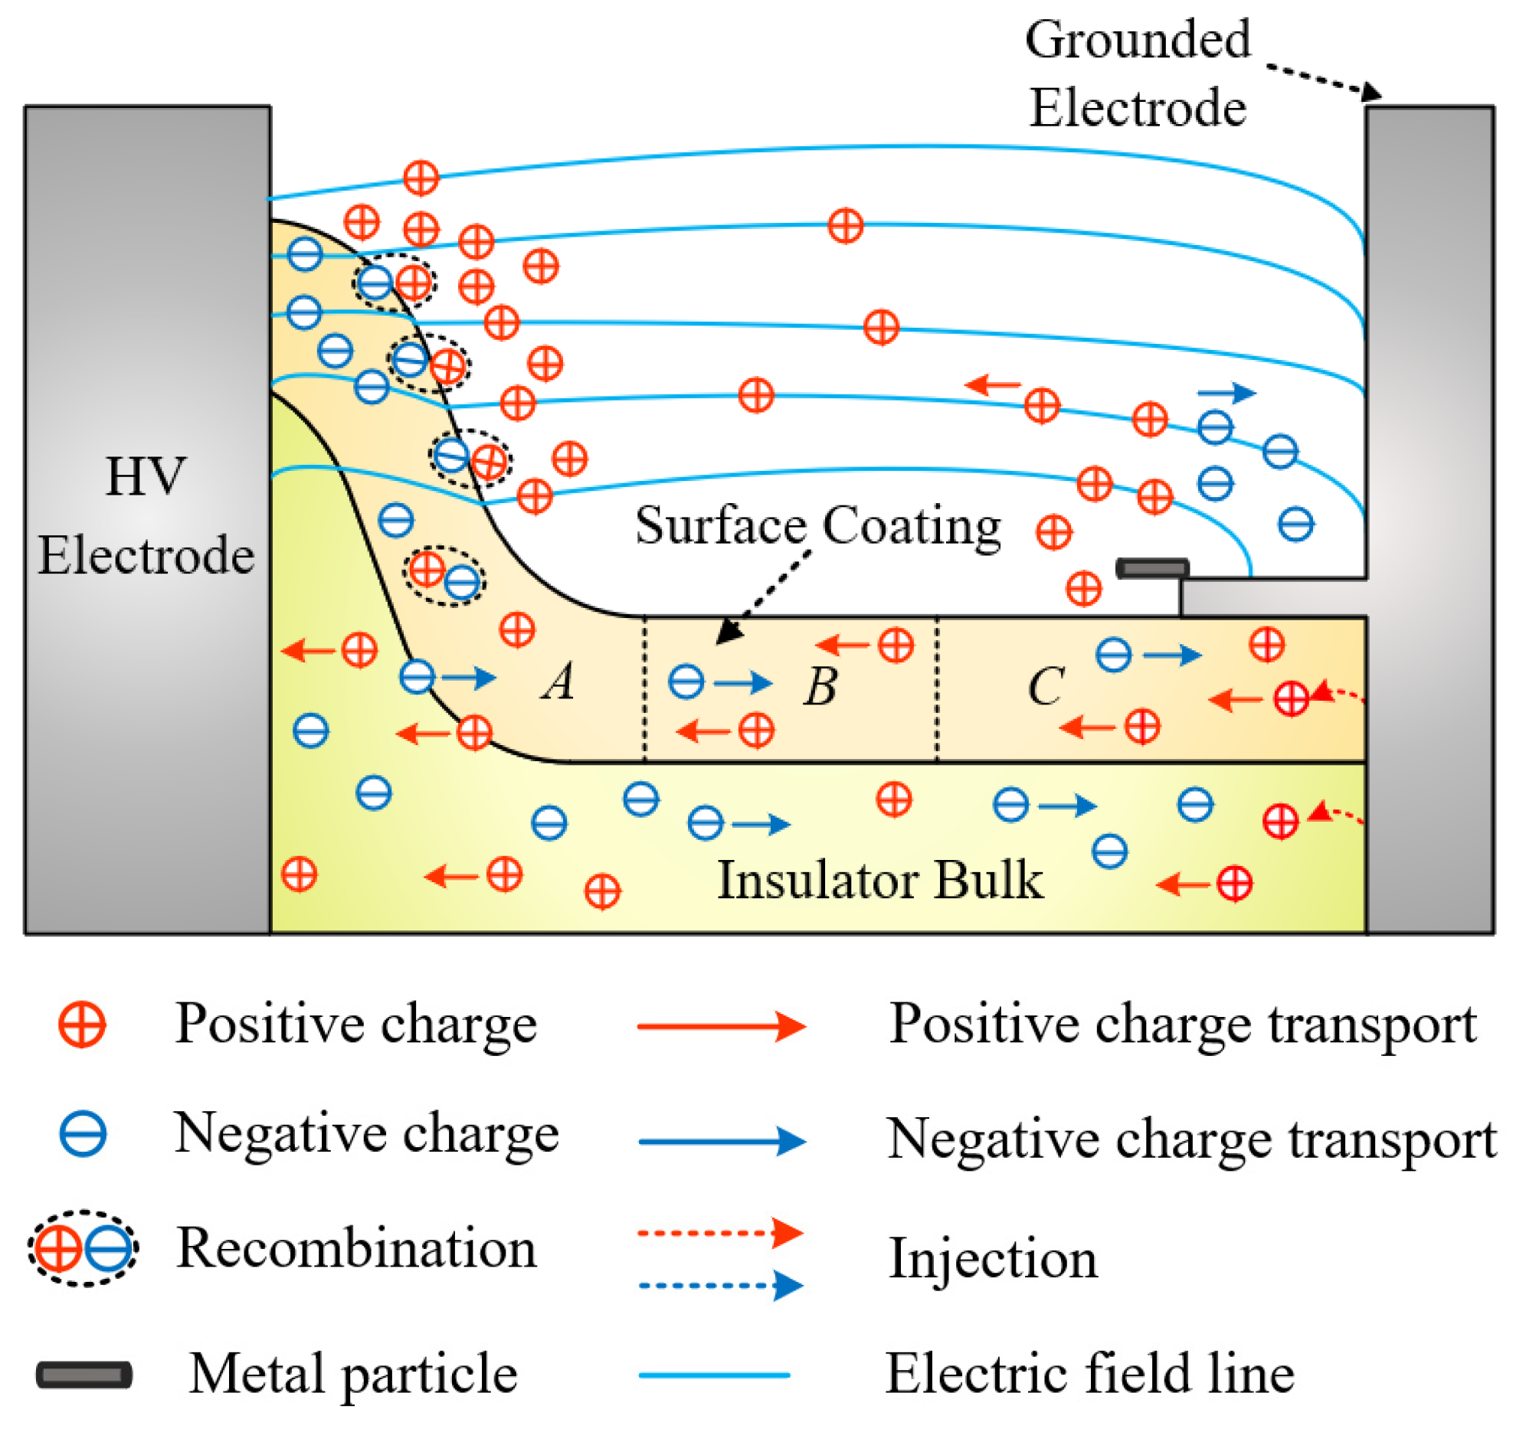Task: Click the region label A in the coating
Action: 558,681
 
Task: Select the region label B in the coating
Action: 820,685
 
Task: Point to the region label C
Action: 1045,685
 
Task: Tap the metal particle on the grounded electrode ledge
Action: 1151,568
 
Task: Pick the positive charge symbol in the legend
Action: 82,1025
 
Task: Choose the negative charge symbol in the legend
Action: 82,1134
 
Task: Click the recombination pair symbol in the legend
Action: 83,1248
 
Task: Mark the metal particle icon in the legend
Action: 84,1375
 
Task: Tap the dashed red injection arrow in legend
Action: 720,1233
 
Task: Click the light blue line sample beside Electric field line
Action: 714,1375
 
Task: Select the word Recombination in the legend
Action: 356,1248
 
